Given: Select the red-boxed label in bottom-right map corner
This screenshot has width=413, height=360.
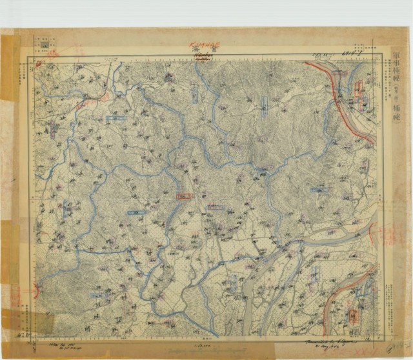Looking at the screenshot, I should pyautogui.click(x=354, y=315).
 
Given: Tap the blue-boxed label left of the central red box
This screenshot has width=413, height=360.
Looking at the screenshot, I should pyautogui.click(x=137, y=212).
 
